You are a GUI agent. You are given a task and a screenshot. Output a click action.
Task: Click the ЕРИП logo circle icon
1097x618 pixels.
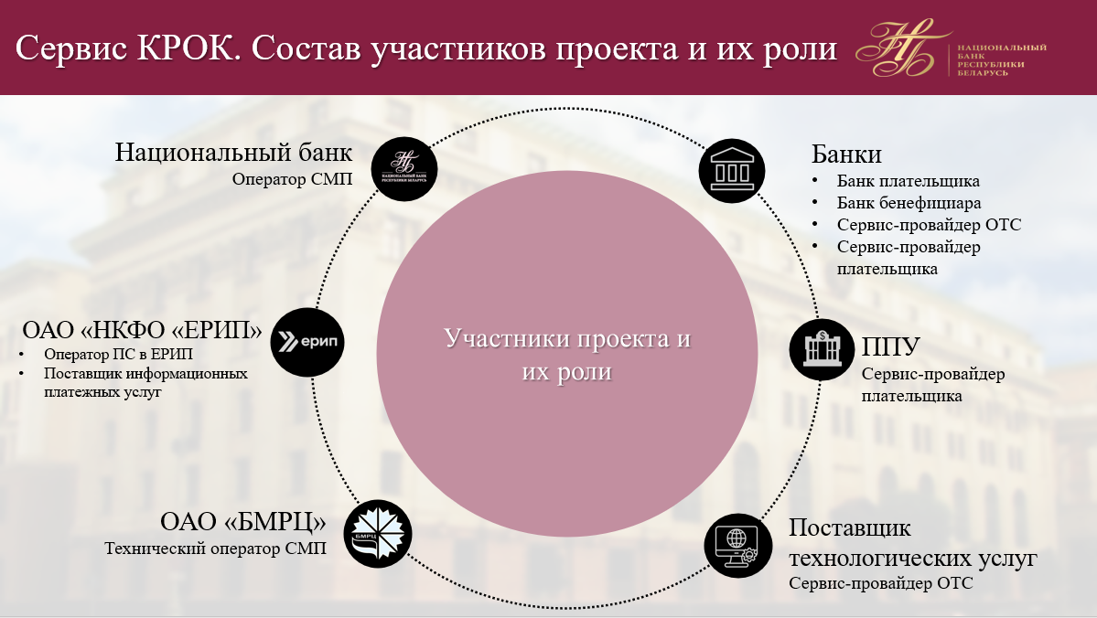307,342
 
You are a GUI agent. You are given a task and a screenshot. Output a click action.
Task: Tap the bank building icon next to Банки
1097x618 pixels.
732,171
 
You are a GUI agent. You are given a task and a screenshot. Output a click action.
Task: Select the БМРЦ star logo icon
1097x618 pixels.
378,534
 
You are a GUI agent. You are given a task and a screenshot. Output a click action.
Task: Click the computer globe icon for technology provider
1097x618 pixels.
738,545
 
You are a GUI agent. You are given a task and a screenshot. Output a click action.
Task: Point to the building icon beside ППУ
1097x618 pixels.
822,349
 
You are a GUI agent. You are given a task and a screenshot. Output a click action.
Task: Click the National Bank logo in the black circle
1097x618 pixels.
403,169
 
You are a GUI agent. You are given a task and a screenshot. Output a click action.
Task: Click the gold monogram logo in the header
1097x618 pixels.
901,48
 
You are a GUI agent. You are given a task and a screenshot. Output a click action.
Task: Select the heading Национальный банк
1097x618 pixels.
233,152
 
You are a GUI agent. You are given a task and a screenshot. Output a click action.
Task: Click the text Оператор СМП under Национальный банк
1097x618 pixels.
293,179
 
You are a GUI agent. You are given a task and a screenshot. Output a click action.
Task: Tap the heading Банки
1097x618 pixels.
846,154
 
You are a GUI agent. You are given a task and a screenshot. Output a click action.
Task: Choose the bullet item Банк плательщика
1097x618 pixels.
909,181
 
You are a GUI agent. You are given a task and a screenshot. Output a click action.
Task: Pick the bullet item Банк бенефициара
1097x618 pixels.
909,203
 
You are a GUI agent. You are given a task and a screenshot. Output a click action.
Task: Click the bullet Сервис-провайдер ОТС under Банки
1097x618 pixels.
929,225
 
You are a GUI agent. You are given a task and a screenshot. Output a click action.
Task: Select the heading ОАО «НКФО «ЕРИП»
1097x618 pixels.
142,329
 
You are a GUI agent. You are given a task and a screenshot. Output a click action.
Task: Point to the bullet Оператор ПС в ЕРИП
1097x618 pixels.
118,354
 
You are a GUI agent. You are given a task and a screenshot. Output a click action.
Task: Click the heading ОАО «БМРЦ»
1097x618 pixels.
242,521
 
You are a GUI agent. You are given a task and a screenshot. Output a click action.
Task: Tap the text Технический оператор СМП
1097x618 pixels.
216,549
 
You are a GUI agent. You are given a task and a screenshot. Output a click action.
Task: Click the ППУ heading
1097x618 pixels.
890,346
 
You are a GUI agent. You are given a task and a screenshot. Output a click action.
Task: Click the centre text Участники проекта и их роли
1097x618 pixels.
567,355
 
